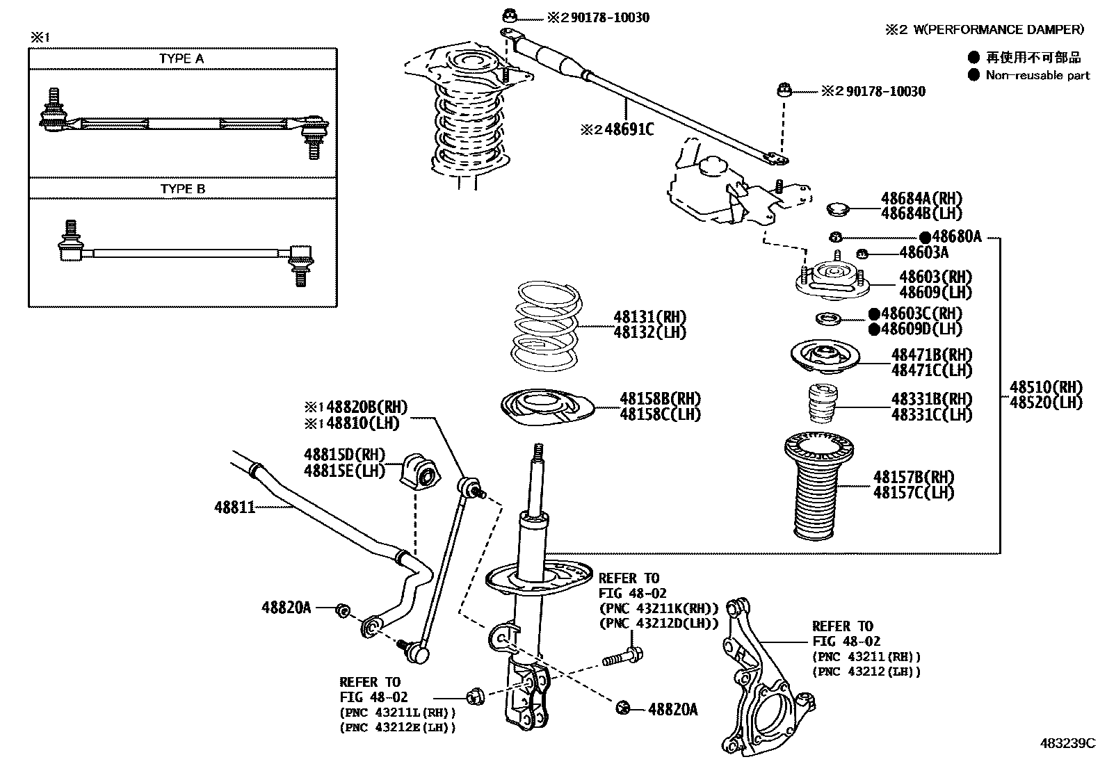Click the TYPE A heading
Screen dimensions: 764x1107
point(181,59)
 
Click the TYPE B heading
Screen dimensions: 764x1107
point(182,189)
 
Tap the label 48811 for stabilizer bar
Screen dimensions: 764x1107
point(234,508)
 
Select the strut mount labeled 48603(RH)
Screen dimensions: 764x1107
point(832,280)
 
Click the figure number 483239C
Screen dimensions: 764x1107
point(1067,743)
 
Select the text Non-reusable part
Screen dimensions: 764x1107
point(1037,76)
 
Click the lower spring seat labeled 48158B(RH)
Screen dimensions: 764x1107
point(547,408)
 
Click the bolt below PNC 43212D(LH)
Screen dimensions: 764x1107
point(623,655)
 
